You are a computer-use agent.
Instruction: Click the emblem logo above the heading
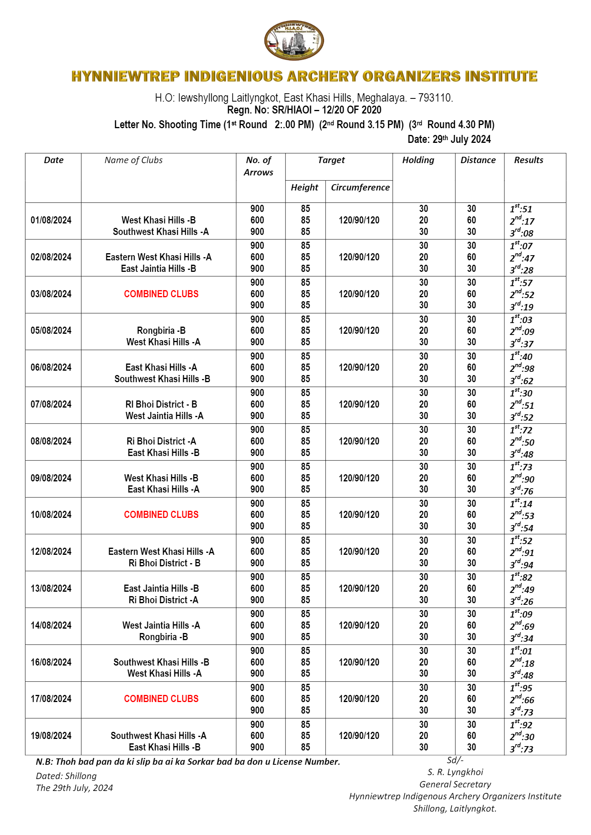tap(294, 41)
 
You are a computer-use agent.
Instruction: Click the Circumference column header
tap(360, 187)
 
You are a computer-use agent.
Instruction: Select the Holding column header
tap(418, 160)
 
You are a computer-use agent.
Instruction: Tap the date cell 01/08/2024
tap(51, 220)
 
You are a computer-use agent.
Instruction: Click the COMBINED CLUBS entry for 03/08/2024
tap(161, 294)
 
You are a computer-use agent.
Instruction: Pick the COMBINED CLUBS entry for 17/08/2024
tap(161, 699)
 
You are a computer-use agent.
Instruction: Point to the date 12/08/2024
tap(51, 552)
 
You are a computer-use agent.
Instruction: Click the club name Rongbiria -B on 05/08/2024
tap(161, 331)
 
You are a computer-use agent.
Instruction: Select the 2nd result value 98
tap(522, 369)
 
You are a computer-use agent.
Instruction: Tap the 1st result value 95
tap(521, 688)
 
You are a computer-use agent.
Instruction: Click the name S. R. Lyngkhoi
tap(455, 772)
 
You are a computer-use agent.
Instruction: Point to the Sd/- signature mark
tap(455, 760)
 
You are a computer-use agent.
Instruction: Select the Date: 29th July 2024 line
tap(449, 139)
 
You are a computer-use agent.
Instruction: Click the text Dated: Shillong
tap(66, 776)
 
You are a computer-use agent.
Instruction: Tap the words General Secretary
tap(455, 784)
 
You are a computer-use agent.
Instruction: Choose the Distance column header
tap(478, 160)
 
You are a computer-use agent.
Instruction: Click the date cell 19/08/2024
tap(51, 736)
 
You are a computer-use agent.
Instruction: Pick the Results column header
tap(528, 160)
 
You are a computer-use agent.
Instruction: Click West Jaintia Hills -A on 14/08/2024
tap(161, 625)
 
